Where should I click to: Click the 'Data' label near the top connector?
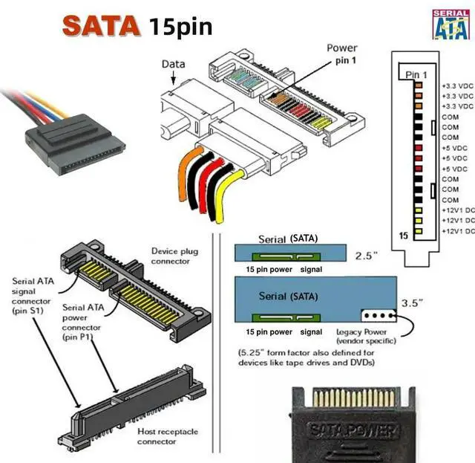click(173, 65)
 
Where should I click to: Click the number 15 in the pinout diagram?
click(404, 234)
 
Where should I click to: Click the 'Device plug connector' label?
click(174, 256)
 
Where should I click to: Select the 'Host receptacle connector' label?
click(167, 436)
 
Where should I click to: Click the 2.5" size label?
click(367, 256)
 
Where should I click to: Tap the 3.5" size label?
click(411, 303)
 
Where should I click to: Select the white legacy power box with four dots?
click(379, 315)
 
